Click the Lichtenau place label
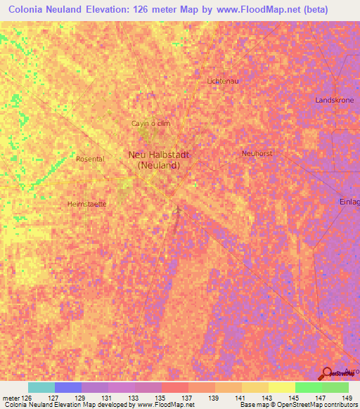pos(224,82)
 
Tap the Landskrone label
pos(334,100)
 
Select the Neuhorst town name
pos(257,152)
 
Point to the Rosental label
pos(90,159)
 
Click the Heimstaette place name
pos(86,204)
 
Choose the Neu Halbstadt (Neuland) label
pos(158,160)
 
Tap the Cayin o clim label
pos(151,124)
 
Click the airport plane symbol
pos(179,210)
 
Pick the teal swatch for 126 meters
pos(41,387)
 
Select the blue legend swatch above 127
pos(68,387)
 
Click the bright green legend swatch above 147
pos(309,387)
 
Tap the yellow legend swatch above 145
pos(282,387)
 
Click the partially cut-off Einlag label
pos(349,201)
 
